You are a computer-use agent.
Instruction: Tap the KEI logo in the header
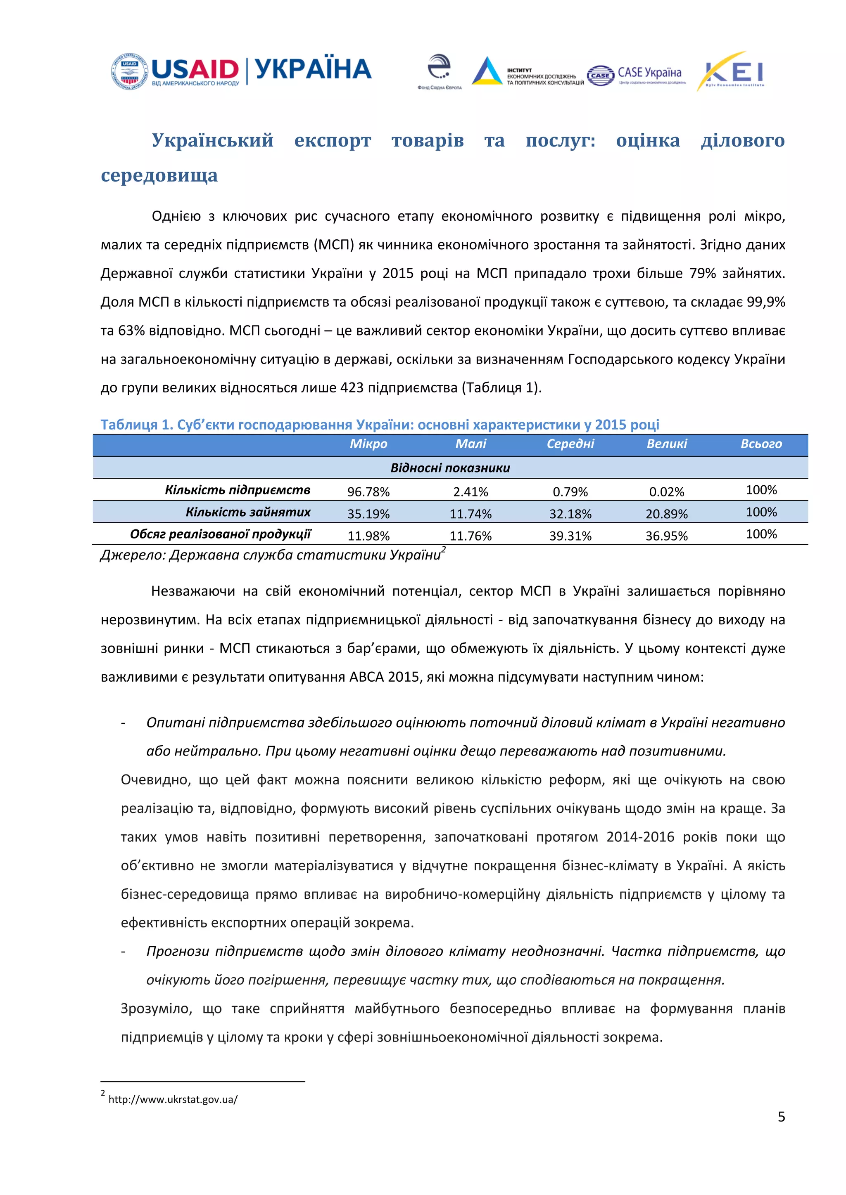[732, 72]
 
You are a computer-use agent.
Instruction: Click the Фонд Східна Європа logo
[439, 72]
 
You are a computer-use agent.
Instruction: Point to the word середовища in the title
[159, 175]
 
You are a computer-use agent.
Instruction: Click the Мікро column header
[368, 444]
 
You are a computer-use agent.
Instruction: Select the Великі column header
[666, 444]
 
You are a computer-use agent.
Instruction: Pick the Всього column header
[760, 444]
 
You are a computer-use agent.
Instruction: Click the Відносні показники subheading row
[450, 468]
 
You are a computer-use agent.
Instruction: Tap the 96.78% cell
[368, 492]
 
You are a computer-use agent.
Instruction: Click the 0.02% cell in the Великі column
[666, 492]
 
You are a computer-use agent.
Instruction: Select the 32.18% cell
[570, 514]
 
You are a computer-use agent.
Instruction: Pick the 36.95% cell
[666, 536]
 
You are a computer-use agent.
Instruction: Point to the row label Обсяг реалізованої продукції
[220, 534]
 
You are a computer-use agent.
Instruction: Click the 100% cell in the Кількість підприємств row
[760, 490]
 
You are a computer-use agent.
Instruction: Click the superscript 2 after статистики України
[444, 549]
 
